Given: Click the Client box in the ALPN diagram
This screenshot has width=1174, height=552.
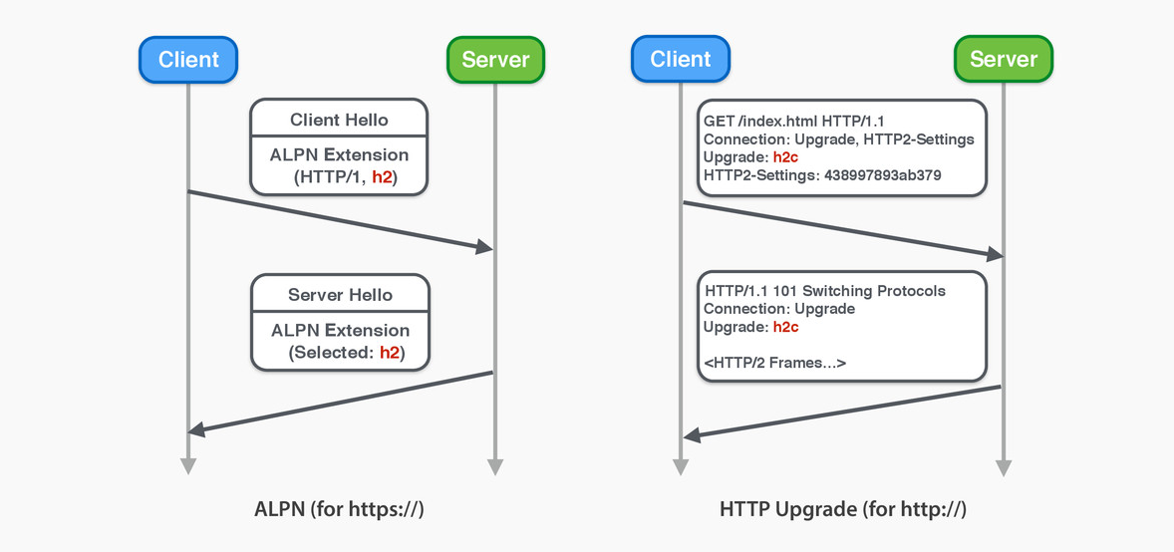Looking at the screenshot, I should click(x=188, y=59).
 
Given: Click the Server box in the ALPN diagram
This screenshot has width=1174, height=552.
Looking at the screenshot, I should click(x=495, y=59).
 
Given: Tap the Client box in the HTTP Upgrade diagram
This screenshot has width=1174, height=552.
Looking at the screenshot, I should click(x=680, y=59).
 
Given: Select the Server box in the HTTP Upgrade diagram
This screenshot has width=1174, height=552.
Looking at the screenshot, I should click(x=1003, y=59).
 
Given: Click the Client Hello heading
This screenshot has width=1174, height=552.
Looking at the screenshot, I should click(x=339, y=120).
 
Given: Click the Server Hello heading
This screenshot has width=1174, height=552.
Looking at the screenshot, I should click(x=340, y=295).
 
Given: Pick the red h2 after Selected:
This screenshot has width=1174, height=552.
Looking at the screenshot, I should click(x=391, y=353).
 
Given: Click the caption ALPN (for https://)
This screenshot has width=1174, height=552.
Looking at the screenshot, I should click(x=339, y=510).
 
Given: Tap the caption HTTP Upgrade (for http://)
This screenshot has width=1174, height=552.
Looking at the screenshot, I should click(x=843, y=510).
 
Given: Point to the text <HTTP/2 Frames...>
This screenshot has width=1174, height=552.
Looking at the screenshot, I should click(x=774, y=363).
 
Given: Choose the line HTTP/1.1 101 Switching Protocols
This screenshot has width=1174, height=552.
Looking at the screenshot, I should click(x=825, y=291).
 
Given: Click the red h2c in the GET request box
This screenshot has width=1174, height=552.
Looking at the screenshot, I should click(x=786, y=157).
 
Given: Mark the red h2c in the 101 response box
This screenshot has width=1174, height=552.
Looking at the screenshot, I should click(x=786, y=327).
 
